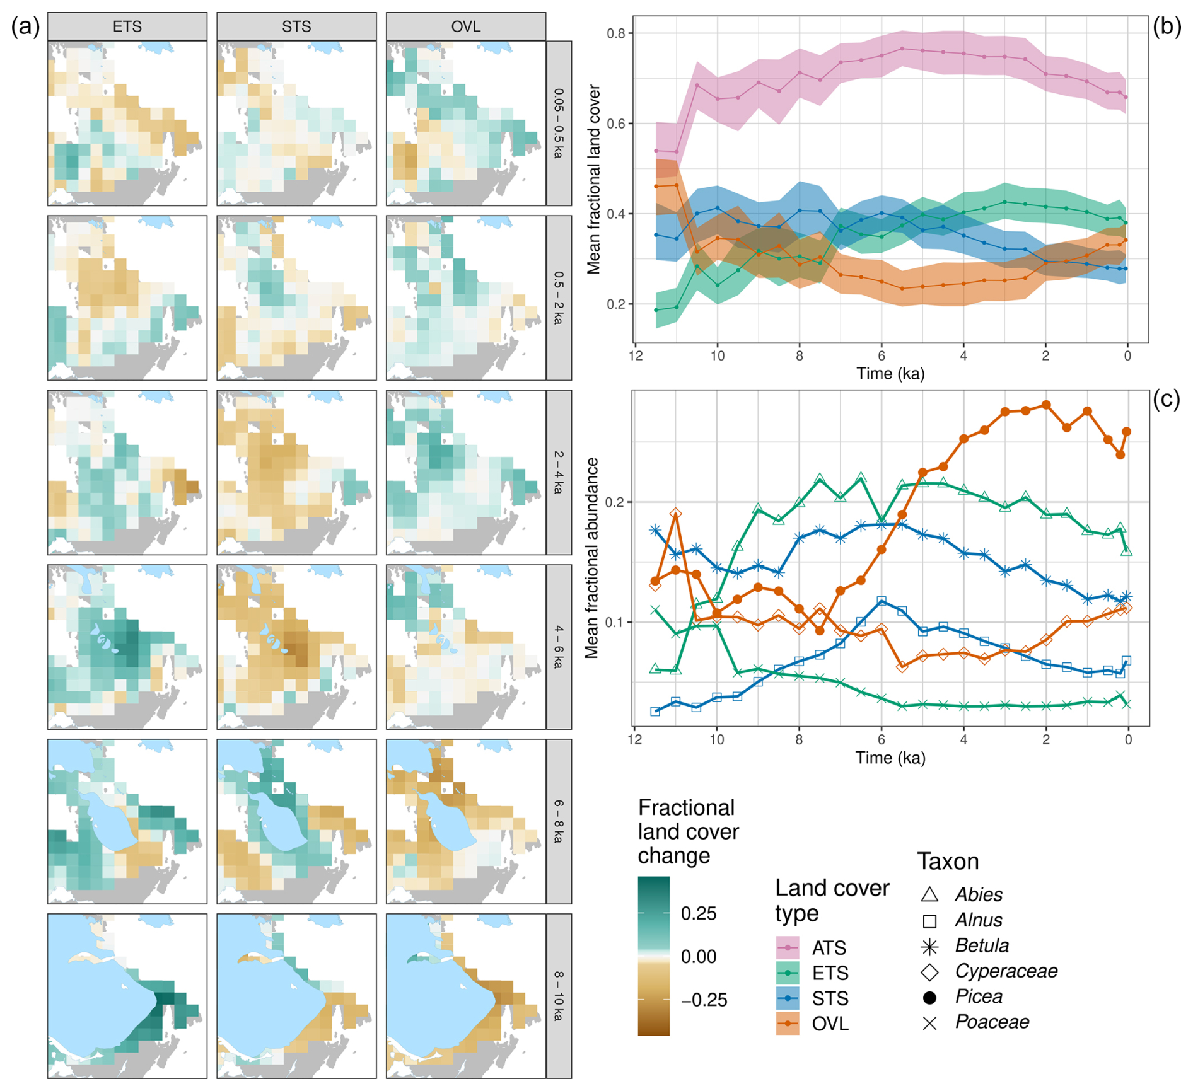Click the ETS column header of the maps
pyautogui.click(x=127, y=26)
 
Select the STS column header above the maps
pyautogui.click(x=296, y=26)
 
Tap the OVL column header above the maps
pyautogui.click(x=466, y=26)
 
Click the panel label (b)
pyautogui.click(x=1167, y=26)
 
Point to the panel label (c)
pyautogui.click(x=1166, y=399)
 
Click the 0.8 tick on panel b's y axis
pyautogui.click(x=615, y=33)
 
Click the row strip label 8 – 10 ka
pyautogui.click(x=559, y=996)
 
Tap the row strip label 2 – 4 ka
pyautogui.click(x=559, y=472)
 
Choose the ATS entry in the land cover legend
pyautogui.click(x=829, y=948)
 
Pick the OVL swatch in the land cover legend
pyautogui.click(x=788, y=1024)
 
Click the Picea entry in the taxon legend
pyautogui.click(x=979, y=996)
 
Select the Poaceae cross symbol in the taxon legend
pyautogui.click(x=929, y=1022)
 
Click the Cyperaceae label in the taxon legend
pyautogui.click(x=1006, y=971)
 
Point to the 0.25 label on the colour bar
pyautogui.click(x=699, y=913)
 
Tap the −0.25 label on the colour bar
pyautogui.click(x=704, y=1000)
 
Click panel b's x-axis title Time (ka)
pyautogui.click(x=890, y=374)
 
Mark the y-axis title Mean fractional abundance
pyautogui.click(x=591, y=558)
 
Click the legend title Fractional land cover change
pyautogui.click(x=688, y=831)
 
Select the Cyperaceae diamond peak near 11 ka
pyautogui.click(x=675, y=514)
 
